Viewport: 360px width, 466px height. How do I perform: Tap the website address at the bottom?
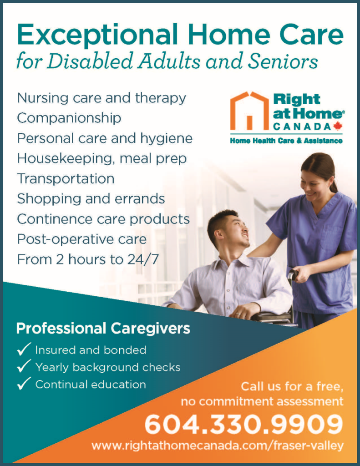click(218, 446)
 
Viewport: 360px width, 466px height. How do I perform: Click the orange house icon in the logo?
click(249, 111)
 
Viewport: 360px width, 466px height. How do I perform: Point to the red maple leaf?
click(337, 126)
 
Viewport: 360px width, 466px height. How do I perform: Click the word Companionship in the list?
click(69, 118)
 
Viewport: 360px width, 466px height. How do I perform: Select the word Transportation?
click(66, 178)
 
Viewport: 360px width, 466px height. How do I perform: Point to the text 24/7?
click(143, 259)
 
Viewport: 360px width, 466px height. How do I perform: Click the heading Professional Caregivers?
click(103, 329)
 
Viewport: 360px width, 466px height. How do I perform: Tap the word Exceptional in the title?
click(97, 35)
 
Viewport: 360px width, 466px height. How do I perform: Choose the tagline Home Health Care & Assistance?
click(286, 141)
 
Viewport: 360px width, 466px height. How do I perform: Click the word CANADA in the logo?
click(302, 127)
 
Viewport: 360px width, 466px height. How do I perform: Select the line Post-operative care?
click(82, 239)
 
